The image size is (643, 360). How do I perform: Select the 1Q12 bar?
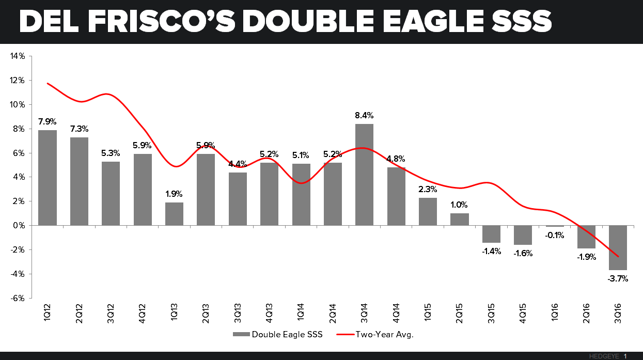[x=48, y=178]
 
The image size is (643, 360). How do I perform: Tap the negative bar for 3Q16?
[x=618, y=247]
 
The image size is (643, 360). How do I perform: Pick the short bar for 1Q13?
[x=174, y=214]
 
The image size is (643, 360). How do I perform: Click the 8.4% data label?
[x=364, y=115]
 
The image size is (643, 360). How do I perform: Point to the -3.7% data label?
[x=618, y=279]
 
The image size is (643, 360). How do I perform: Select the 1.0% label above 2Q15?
[x=459, y=205]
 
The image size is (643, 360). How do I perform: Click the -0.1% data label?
[x=554, y=235]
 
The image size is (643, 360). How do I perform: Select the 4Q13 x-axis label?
[x=270, y=313]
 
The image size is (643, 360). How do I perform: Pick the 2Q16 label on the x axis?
[x=586, y=313]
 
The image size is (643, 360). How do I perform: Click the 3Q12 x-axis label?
[x=111, y=313]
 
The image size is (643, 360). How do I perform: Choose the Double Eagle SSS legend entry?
[x=278, y=334]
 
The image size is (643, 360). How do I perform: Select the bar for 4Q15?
[x=523, y=235]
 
